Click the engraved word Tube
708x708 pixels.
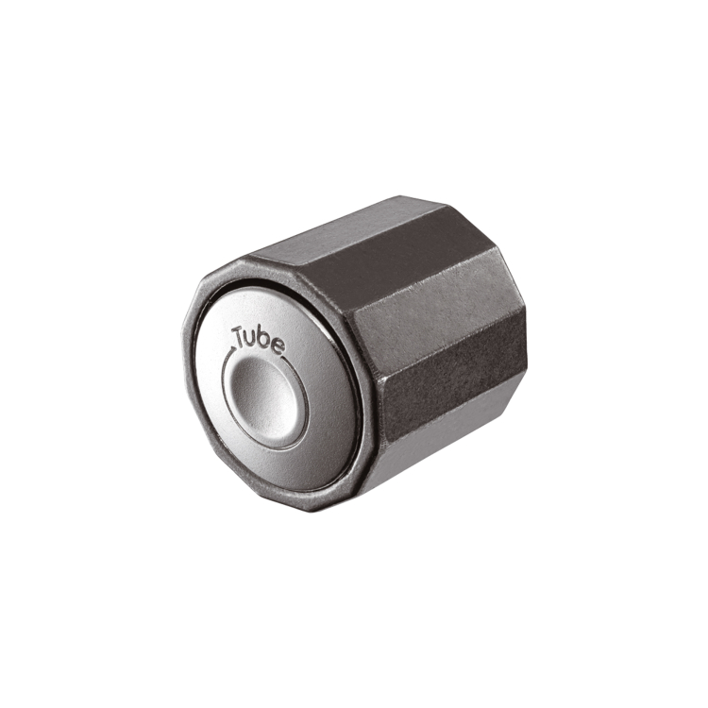pos(258,340)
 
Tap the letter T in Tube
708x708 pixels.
pos(239,335)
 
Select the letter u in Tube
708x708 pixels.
pos(250,340)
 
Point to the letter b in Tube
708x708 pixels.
pos(263,341)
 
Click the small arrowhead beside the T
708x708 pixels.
pos(233,349)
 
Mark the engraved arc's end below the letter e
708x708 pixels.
pos(285,359)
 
